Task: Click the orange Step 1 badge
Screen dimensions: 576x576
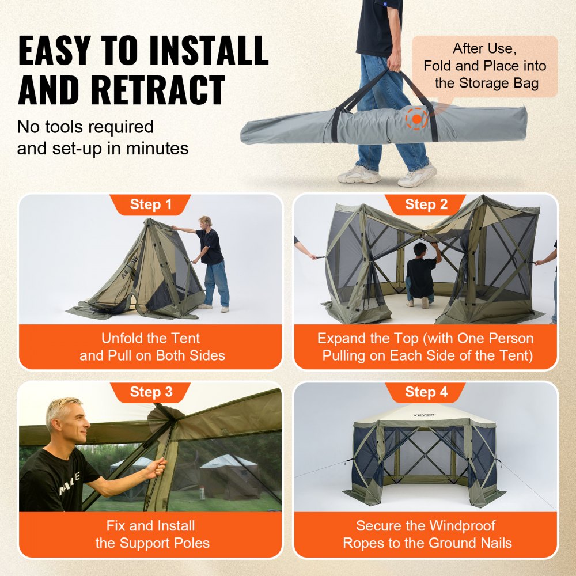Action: click(x=150, y=204)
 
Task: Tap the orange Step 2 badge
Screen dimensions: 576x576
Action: click(x=426, y=204)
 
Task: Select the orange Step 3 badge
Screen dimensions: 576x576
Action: click(x=150, y=392)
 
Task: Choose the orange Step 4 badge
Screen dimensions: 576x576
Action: click(x=426, y=392)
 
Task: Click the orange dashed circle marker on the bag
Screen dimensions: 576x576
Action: click(x=416, y=118)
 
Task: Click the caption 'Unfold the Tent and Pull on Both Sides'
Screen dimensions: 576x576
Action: click(x=151, y=347)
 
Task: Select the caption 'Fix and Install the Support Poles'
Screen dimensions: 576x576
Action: click(x=151, y=534)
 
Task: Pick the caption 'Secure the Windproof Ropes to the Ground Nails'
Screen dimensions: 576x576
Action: click(x=426, y=534)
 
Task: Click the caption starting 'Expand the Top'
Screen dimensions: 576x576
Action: click(x=426, y=347)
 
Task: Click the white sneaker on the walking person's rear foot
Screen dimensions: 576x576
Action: click(x=359, y=175)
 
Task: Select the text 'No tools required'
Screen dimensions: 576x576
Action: click(x=85, y=127)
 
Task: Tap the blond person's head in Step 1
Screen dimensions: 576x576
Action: click(x=205, y=222)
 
